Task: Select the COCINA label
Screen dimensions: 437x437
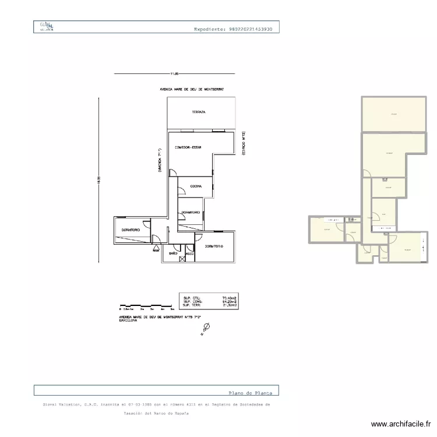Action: [x=196, y=186]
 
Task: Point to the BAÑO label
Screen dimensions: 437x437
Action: [x=173, y=253]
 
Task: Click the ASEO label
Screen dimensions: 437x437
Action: [x=189, y=253]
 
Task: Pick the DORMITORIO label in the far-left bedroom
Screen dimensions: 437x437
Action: [x=131, y=230]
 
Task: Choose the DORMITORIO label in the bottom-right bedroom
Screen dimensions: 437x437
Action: [x=213, y=246]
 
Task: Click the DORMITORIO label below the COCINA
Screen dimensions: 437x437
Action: [x=191, y=212]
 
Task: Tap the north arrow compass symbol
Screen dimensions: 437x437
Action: [x=206, y=330]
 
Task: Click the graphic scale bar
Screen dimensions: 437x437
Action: [x=146, y=305]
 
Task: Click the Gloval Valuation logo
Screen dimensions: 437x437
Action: [x=46, y=27]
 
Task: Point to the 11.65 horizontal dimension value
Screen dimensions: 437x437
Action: [x=174, y=74]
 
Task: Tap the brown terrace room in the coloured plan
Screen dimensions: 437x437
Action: [x=395, y=114]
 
